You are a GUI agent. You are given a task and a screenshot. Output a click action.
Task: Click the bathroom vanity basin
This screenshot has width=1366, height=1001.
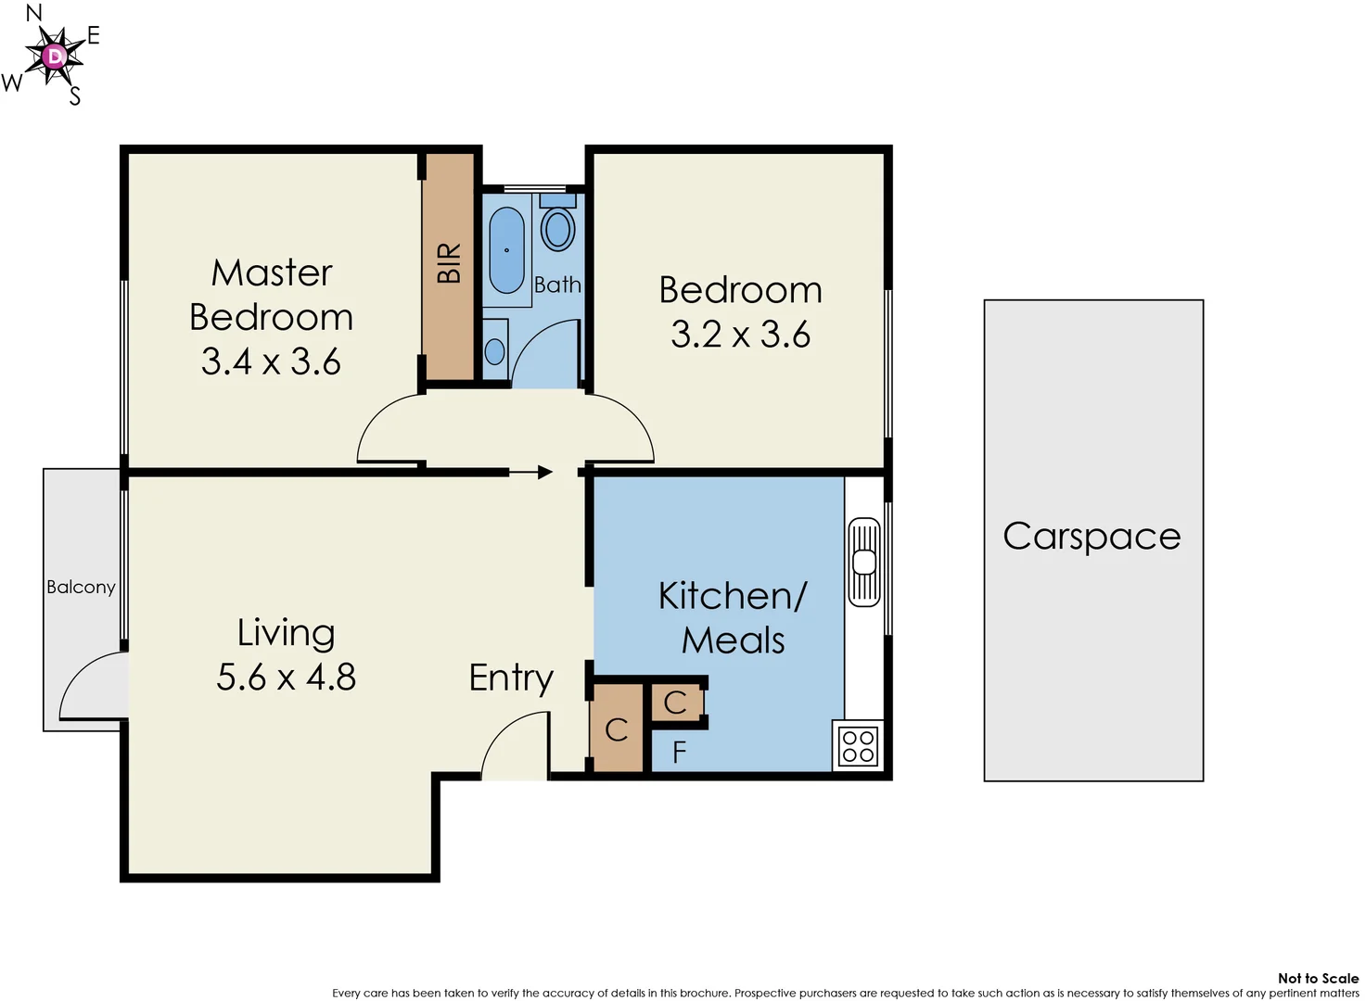(495, 350)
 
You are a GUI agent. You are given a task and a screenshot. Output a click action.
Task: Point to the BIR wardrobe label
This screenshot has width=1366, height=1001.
(449, 263)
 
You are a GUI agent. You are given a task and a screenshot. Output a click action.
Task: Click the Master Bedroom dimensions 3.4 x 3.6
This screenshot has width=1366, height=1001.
(271, 361)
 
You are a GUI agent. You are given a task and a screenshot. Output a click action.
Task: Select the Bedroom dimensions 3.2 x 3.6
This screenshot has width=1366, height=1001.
(740, 335)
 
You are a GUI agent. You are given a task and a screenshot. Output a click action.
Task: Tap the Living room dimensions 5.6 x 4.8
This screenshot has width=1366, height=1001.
(286, 678)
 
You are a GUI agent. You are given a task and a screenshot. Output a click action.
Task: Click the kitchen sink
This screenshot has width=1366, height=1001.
(864, 562)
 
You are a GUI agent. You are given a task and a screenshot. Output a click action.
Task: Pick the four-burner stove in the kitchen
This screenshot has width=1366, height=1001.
(858, 746)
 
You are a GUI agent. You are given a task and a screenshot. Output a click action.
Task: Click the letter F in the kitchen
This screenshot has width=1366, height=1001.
(679, 753)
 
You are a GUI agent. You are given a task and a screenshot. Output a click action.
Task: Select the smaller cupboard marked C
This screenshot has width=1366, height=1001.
(675, 703)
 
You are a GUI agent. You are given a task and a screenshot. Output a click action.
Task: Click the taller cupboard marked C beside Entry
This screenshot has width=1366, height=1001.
(617, 730)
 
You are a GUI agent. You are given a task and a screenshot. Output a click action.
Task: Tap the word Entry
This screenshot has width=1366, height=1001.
(511, 678)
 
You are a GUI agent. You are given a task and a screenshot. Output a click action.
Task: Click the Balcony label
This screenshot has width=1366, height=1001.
(81, 587)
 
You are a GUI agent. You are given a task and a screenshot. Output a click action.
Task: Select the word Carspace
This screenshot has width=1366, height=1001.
(1092, 537)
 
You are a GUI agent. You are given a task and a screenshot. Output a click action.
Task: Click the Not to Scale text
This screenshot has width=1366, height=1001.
(1317, 978)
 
